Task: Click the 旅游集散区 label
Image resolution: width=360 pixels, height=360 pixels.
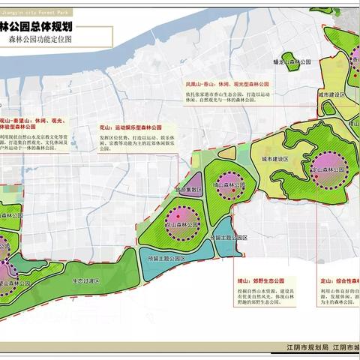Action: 188,190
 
